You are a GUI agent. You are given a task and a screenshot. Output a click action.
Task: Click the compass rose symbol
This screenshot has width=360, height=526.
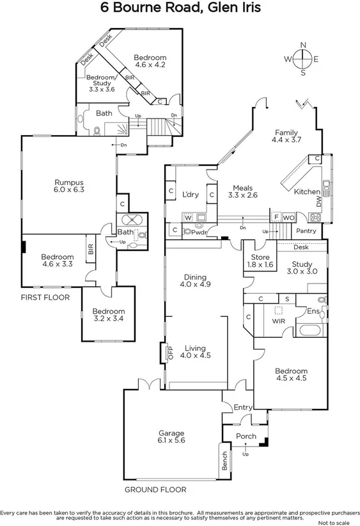click(x=303, y=59)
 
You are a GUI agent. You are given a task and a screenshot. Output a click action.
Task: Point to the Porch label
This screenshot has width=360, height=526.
click(x=246, y=436)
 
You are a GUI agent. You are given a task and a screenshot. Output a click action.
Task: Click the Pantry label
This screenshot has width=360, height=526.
click(x=306, y=231)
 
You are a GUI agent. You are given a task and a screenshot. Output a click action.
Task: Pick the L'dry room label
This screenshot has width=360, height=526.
click(x=189, y=195)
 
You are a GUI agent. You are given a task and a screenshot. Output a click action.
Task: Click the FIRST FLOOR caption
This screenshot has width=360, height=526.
click(x=45, y=298)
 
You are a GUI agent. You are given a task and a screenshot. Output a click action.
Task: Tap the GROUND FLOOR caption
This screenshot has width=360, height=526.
click(x=155, y=490)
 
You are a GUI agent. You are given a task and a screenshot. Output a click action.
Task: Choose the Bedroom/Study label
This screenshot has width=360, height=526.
click(x=100, y=80)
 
